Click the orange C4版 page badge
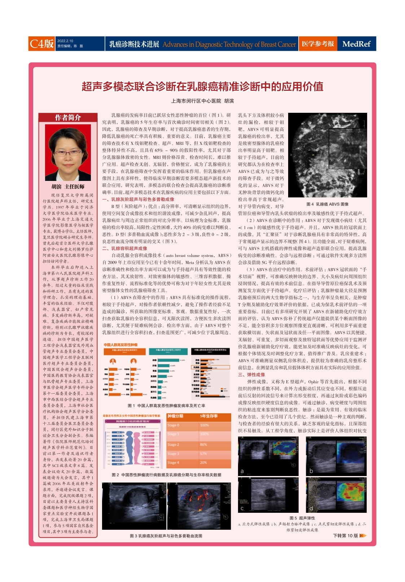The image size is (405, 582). pyautogui.click(x=41, y=44)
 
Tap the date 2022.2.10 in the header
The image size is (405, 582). pyautogui.click(x=65, y=41)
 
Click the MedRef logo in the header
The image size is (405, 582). pyautogui.click(x=356, y=44)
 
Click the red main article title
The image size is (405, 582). pyautogui.click(x=202, y=86)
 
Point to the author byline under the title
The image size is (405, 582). pyautogui.click(x=202, y=101)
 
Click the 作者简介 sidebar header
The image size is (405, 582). pyautogui.click(x=68, y=117)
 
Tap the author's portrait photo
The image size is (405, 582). pyautogui.click(x=68, y=152)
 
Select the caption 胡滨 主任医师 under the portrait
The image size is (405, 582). pyautogui.click(x=68, y=187)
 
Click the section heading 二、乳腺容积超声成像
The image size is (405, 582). pyautogui.click(x=124, y=248)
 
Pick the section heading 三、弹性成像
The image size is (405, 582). pyautogui.click(x=251, y=374)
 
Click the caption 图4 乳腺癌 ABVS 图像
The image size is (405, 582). pyautogui.click(x=327, y=204)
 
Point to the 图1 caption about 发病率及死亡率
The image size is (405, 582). pyautogui.click(x=166, y=406)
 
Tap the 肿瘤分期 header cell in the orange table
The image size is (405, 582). pyautogui.click(x=175, y=416)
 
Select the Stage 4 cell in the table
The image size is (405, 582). pyautogui.click(x=173, y=462)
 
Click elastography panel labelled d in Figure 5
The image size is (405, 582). pyautogui.click(x=336, y=494)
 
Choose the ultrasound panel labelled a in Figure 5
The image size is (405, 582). pyautogui.click(x=268, y=456)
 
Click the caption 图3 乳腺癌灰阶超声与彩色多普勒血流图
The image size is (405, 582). pyautogui.click(x=166, y=536)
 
